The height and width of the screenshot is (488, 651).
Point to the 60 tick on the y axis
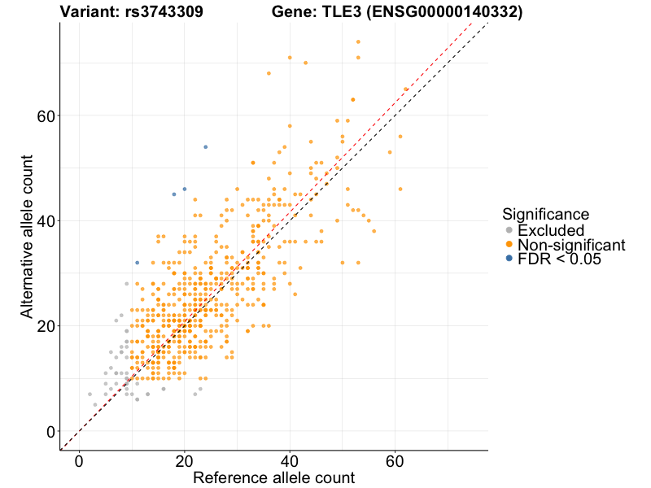46,115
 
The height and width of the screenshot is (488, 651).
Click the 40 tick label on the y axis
46,220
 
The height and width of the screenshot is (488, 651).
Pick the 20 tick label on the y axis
46,325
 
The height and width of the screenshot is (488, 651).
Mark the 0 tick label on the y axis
50,431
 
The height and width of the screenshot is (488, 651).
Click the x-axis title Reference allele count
273,477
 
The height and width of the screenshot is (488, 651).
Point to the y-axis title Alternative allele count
27,236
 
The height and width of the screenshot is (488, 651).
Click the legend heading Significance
545,215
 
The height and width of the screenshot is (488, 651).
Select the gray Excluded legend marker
509,230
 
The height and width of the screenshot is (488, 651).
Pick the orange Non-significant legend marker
509,245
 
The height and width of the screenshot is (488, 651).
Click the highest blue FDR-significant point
206,147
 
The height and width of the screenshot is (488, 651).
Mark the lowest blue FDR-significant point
137,263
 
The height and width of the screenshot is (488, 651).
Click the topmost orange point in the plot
358,42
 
